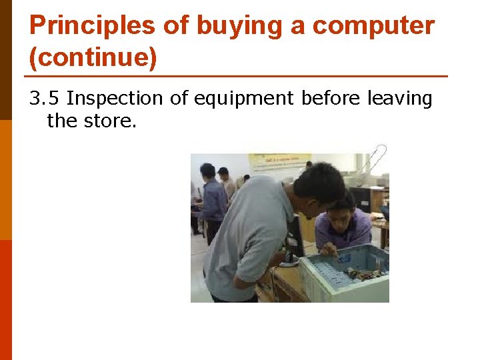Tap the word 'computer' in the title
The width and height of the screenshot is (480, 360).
(373, 26)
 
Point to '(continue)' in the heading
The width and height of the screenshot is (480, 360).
(93, 58)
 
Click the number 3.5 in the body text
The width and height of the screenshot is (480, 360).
(44, 99)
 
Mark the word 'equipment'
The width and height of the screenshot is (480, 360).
(243, 99)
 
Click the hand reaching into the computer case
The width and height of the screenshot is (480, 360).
(328, 250)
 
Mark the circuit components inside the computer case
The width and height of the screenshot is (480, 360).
(363, 273)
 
